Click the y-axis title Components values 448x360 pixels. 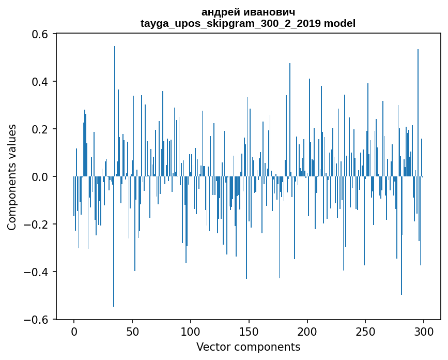12,177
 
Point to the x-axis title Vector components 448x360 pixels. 248,347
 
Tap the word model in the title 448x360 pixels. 339,23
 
